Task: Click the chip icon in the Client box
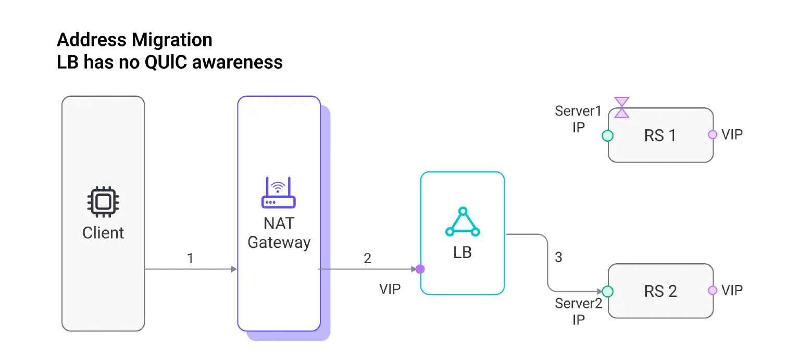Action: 103,202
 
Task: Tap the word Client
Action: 103,232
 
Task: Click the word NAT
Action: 279,224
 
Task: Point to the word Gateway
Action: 279,242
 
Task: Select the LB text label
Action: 463,253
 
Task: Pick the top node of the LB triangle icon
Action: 463,211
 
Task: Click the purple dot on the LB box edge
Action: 419,269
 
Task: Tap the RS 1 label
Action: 660,135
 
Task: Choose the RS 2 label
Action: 660,291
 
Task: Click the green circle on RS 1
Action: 607,136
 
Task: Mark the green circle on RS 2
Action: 607,291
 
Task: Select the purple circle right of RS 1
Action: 712,134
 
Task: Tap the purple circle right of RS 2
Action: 712,290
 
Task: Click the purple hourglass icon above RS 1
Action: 621,107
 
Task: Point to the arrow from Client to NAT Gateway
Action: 190,269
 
